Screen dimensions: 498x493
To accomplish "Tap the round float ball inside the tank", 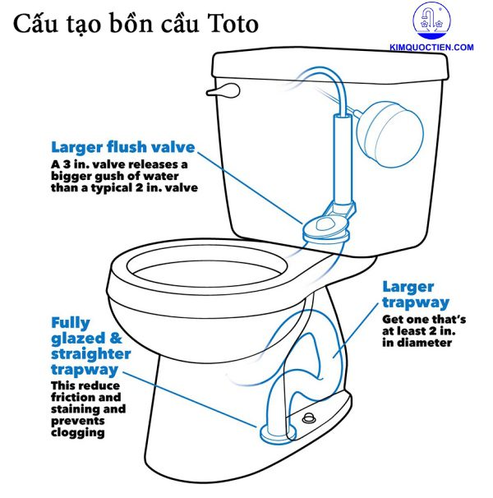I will tap(394, 128).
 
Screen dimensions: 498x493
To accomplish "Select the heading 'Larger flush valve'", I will tap(123, 148).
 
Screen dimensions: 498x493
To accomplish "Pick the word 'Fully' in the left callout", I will tap(71, 323).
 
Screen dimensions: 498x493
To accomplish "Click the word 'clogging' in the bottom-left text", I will tap(79, 432).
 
